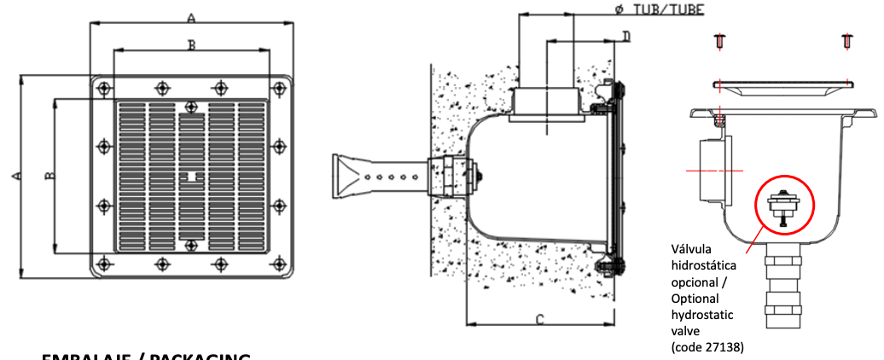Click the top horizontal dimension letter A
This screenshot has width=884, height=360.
coord(191,17)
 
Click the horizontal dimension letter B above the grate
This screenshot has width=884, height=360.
coord(191,44)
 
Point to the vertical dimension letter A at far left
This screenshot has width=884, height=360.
coord(15,175)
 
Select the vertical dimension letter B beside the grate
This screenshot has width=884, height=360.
coord(49,176)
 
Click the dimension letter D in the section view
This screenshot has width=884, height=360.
coord(625,36)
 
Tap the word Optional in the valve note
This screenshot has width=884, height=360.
coord(695,299)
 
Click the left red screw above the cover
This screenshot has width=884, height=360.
coord(719,40)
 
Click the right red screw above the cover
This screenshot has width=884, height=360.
coord(846,40)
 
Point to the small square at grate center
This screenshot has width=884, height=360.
coord(192,177)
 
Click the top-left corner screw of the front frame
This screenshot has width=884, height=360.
coord(103,87)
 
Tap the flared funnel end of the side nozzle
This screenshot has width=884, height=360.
coord(346,176)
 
